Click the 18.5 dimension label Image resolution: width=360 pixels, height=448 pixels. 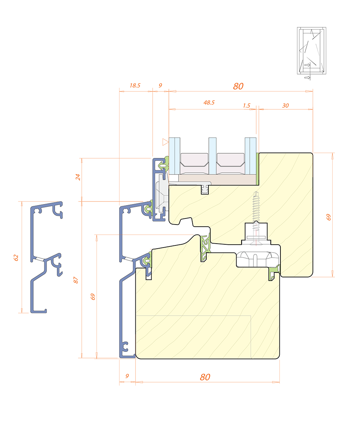135,86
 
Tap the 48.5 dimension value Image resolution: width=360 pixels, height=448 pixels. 209,103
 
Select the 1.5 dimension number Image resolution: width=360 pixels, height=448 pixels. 247,105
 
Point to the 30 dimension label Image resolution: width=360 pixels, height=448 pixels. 285,105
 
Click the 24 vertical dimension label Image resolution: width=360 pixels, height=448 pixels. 78,177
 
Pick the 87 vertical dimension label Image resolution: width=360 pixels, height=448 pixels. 76,280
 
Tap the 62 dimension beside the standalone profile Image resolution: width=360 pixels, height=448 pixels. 16,258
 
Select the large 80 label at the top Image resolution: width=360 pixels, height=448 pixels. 238,86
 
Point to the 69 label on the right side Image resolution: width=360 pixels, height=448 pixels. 329,217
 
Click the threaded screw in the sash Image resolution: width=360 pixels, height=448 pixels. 256,208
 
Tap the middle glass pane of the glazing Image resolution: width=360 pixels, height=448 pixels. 212,156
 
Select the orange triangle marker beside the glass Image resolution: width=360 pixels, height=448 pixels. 165,142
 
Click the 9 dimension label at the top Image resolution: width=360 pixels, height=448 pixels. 160,85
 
